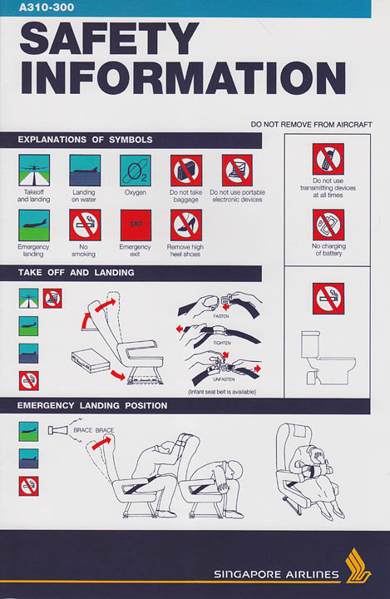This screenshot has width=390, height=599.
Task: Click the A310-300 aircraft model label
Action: point(47,7)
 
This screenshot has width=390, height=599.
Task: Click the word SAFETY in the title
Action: point(109,38)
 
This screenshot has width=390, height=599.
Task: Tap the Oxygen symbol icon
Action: point(136,171)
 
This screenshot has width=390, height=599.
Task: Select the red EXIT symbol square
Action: point(136,225)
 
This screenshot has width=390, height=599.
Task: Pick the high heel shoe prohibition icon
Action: point(186,225)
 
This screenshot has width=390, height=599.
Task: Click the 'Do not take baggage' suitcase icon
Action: point(186,171)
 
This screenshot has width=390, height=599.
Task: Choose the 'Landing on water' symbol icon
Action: point(85,171)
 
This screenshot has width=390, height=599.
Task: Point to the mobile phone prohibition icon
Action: point(328,159)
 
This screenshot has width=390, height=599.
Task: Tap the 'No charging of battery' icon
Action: point(328,225)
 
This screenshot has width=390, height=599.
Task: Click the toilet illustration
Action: point(328,358)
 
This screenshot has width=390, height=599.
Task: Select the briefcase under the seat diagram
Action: point(91,360)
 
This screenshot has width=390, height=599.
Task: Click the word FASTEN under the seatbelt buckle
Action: point(221,316)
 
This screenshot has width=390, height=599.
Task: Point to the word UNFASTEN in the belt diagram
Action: point(224,379)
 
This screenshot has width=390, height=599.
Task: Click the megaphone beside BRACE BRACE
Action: point(58,430)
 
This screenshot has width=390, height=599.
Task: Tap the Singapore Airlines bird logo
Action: point(358,566)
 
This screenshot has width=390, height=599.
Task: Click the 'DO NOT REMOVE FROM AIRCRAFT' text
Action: point(311,125)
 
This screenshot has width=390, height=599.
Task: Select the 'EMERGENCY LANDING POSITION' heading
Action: point(92,406)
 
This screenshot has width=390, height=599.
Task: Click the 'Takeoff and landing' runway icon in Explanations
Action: point(34,171)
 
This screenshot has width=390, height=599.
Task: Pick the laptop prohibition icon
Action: point(237,171)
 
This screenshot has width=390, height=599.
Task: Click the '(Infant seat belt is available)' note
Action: point(222,392)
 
